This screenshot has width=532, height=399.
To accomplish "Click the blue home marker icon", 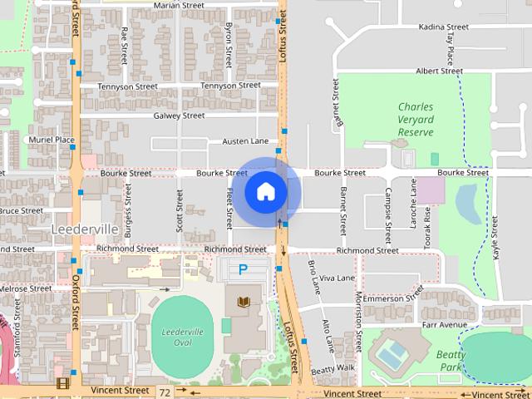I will coord(265,192).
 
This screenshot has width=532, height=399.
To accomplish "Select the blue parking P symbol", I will coord(243,269).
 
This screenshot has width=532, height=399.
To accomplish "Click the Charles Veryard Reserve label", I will coord(416,119).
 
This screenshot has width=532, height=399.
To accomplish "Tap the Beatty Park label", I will coord(451,361).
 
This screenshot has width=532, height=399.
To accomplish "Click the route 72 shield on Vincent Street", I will coord(165,391).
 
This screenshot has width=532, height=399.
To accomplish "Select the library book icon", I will coord(244,301).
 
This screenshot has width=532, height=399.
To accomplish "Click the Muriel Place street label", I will coord(52,140).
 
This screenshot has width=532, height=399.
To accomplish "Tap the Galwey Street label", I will coord(179,116).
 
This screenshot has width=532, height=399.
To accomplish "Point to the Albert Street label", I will coord(438,71).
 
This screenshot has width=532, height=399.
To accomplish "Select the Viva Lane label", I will coord(337,278).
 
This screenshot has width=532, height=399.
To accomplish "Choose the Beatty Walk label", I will coord(334,368).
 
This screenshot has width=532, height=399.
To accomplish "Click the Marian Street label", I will coord(179,5).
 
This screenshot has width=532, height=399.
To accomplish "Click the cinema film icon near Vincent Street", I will coord(62,384).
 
